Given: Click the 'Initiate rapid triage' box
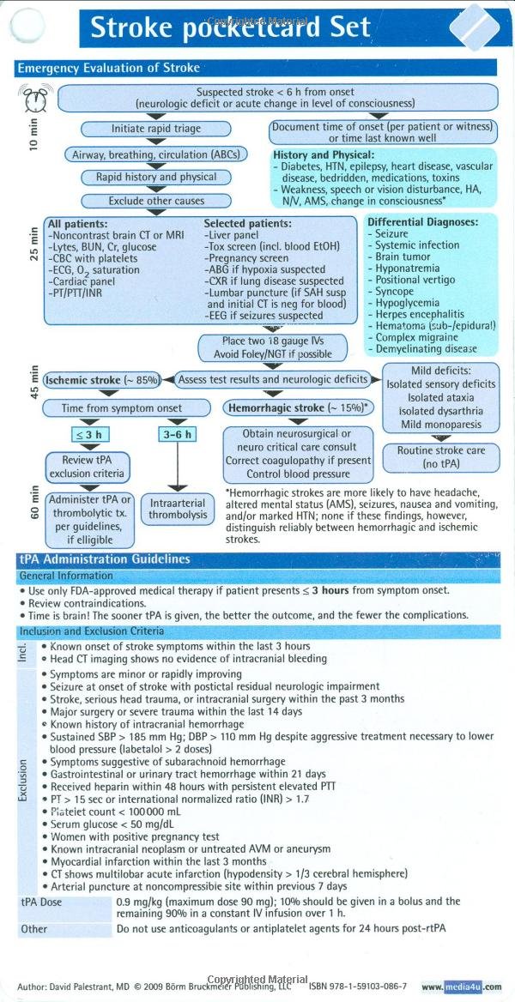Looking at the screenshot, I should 156,129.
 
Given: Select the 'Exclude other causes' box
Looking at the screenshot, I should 156,201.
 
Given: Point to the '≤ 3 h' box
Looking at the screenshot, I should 88,434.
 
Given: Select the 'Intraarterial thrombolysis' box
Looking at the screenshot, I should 178,508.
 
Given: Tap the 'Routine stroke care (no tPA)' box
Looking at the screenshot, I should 440,456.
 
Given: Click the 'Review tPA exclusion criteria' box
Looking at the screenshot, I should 89,467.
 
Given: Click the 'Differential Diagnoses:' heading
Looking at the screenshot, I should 422,220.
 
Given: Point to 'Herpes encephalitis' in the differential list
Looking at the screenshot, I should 419,315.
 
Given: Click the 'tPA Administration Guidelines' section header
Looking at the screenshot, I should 117,558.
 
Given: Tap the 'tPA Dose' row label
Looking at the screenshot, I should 41,902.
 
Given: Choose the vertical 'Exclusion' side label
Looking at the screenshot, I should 24,780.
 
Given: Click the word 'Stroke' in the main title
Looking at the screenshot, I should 132,27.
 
